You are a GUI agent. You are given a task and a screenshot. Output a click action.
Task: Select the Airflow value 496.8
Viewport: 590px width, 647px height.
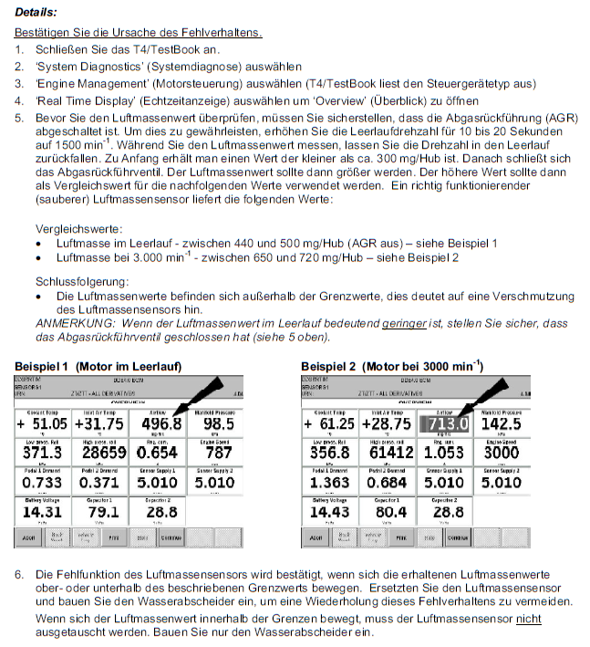(160, 425)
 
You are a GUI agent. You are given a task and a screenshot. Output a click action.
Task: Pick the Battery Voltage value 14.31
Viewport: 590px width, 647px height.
(42, 512)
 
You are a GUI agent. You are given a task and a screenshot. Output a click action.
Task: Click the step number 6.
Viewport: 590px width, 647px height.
(20, 575)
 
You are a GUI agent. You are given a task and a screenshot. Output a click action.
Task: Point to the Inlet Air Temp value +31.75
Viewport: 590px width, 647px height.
(101, 425)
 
